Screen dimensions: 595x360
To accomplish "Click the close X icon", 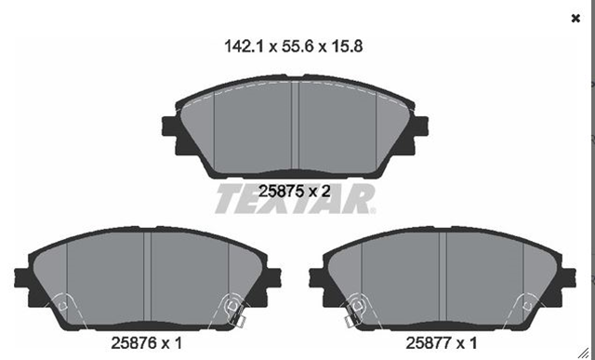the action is (x=575, y=19).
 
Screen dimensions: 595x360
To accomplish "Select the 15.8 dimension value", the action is (x=347, y=47).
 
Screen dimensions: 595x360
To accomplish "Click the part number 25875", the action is (x=281, y=191).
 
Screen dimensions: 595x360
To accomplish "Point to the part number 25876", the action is (x=134, y=343).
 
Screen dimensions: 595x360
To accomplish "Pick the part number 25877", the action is (x=429, y=343).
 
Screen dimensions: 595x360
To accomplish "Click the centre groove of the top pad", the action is (x=295, y=126).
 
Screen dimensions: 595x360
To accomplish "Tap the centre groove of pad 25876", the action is (x=147, y=277).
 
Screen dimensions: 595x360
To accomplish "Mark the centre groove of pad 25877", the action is (x=443, y=277).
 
